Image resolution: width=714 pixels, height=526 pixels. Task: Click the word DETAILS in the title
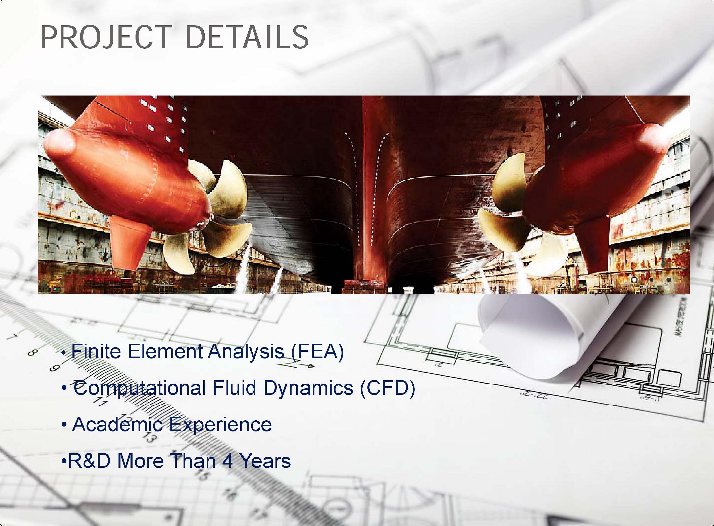point(247,38)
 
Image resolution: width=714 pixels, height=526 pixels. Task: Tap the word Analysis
point(246,352)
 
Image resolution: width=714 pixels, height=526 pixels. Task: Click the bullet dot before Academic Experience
point(64,425)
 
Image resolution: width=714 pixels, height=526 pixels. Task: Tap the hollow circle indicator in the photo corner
point(634,280)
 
